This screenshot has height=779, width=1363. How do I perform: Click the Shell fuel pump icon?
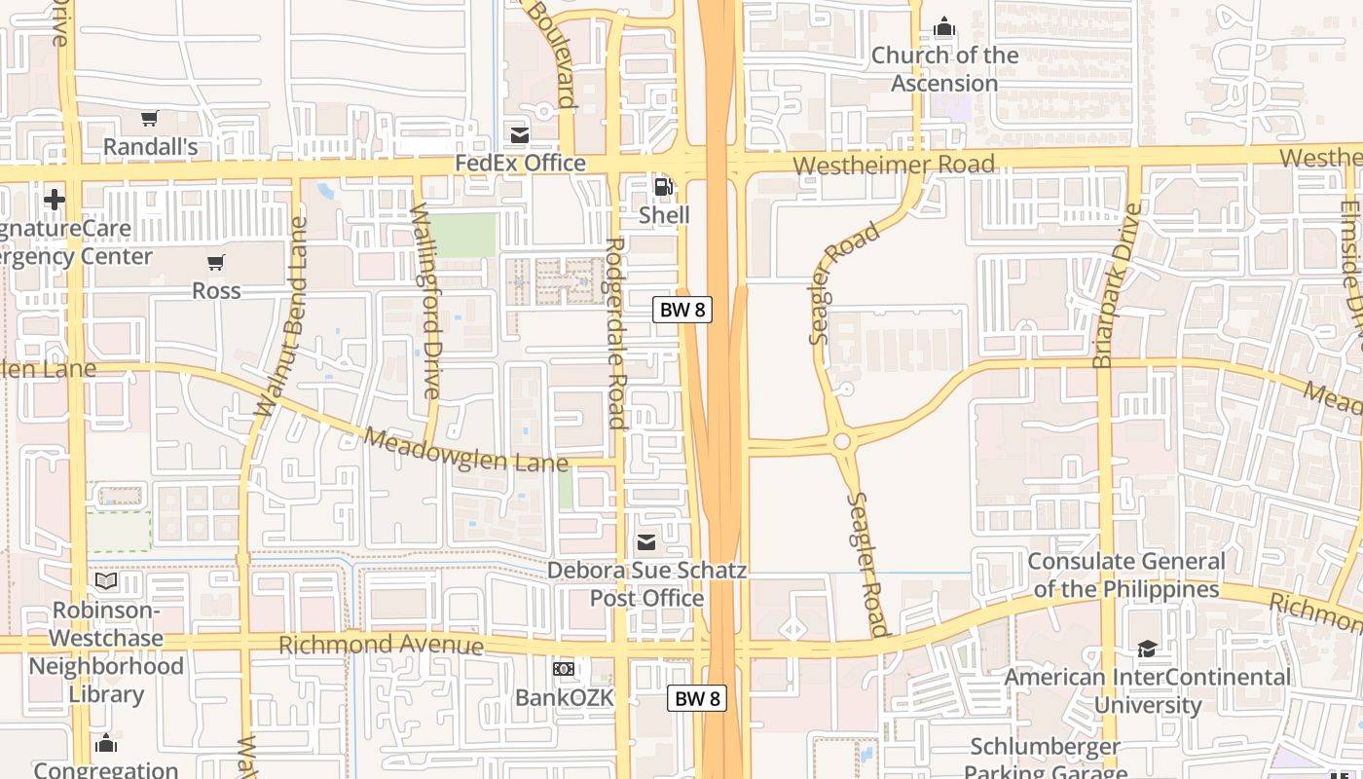663,186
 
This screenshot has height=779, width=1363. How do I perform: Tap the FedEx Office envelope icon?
520,134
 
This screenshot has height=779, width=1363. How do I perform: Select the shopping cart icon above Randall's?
149,119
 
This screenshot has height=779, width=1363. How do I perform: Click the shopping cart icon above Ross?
215,262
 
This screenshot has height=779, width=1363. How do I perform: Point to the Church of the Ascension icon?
943,26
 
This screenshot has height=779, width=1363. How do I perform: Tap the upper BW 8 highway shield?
681,310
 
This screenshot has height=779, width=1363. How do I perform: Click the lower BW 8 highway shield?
697,698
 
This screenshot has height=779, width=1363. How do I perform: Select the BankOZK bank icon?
564,669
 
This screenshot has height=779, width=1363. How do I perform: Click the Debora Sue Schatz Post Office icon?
646,542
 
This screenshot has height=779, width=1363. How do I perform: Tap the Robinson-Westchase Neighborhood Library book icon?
106,581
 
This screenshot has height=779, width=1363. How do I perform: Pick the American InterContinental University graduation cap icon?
1147,649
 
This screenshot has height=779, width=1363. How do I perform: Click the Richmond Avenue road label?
381,645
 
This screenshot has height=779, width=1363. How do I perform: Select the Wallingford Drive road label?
426,300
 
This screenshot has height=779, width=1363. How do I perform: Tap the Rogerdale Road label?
615,333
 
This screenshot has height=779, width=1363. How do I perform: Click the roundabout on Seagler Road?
842,441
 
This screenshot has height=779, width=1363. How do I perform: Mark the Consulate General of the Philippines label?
1126,575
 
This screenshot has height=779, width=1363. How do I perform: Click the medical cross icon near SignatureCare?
55,200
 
